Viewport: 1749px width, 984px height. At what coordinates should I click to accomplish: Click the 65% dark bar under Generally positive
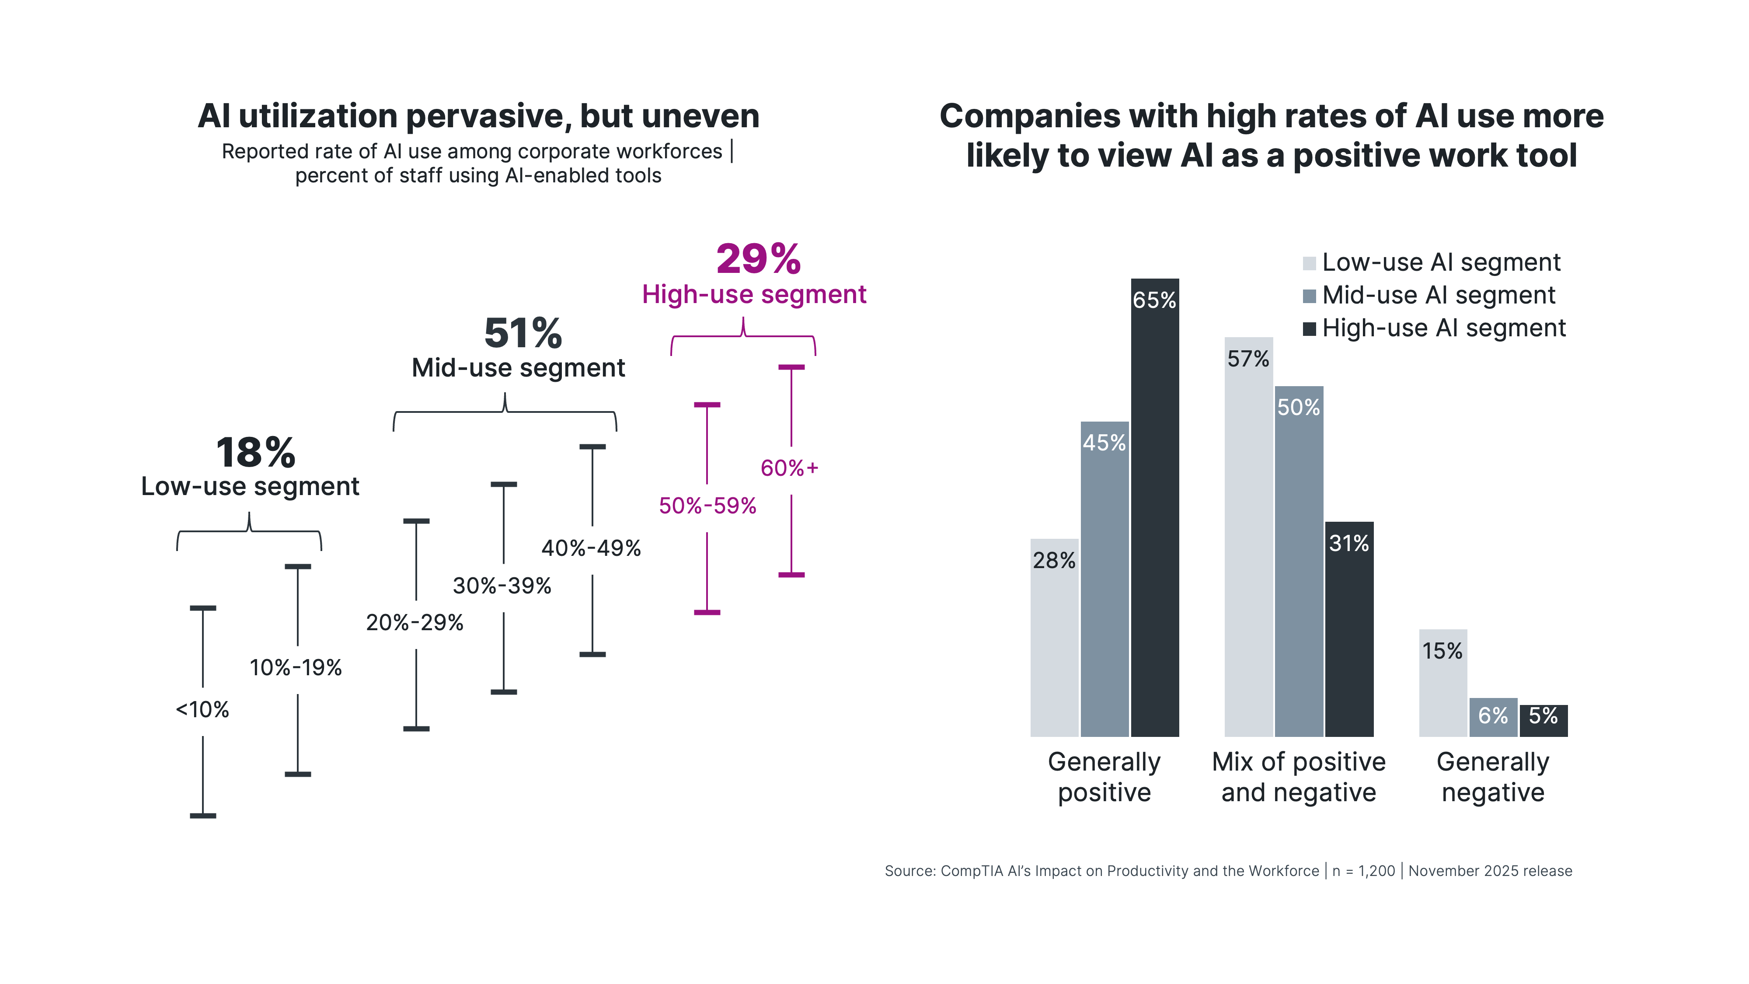1154,516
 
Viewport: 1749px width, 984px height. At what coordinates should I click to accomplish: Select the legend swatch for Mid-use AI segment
1309,296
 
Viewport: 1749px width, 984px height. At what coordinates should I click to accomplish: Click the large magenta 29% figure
758,259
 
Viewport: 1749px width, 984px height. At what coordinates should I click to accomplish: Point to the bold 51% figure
523,333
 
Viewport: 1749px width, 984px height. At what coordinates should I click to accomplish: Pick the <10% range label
202,710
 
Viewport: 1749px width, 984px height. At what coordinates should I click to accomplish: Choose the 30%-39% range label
502,586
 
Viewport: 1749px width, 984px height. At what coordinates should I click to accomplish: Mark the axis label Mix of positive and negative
1298,777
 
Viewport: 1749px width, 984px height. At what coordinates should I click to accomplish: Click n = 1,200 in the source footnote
1363,871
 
